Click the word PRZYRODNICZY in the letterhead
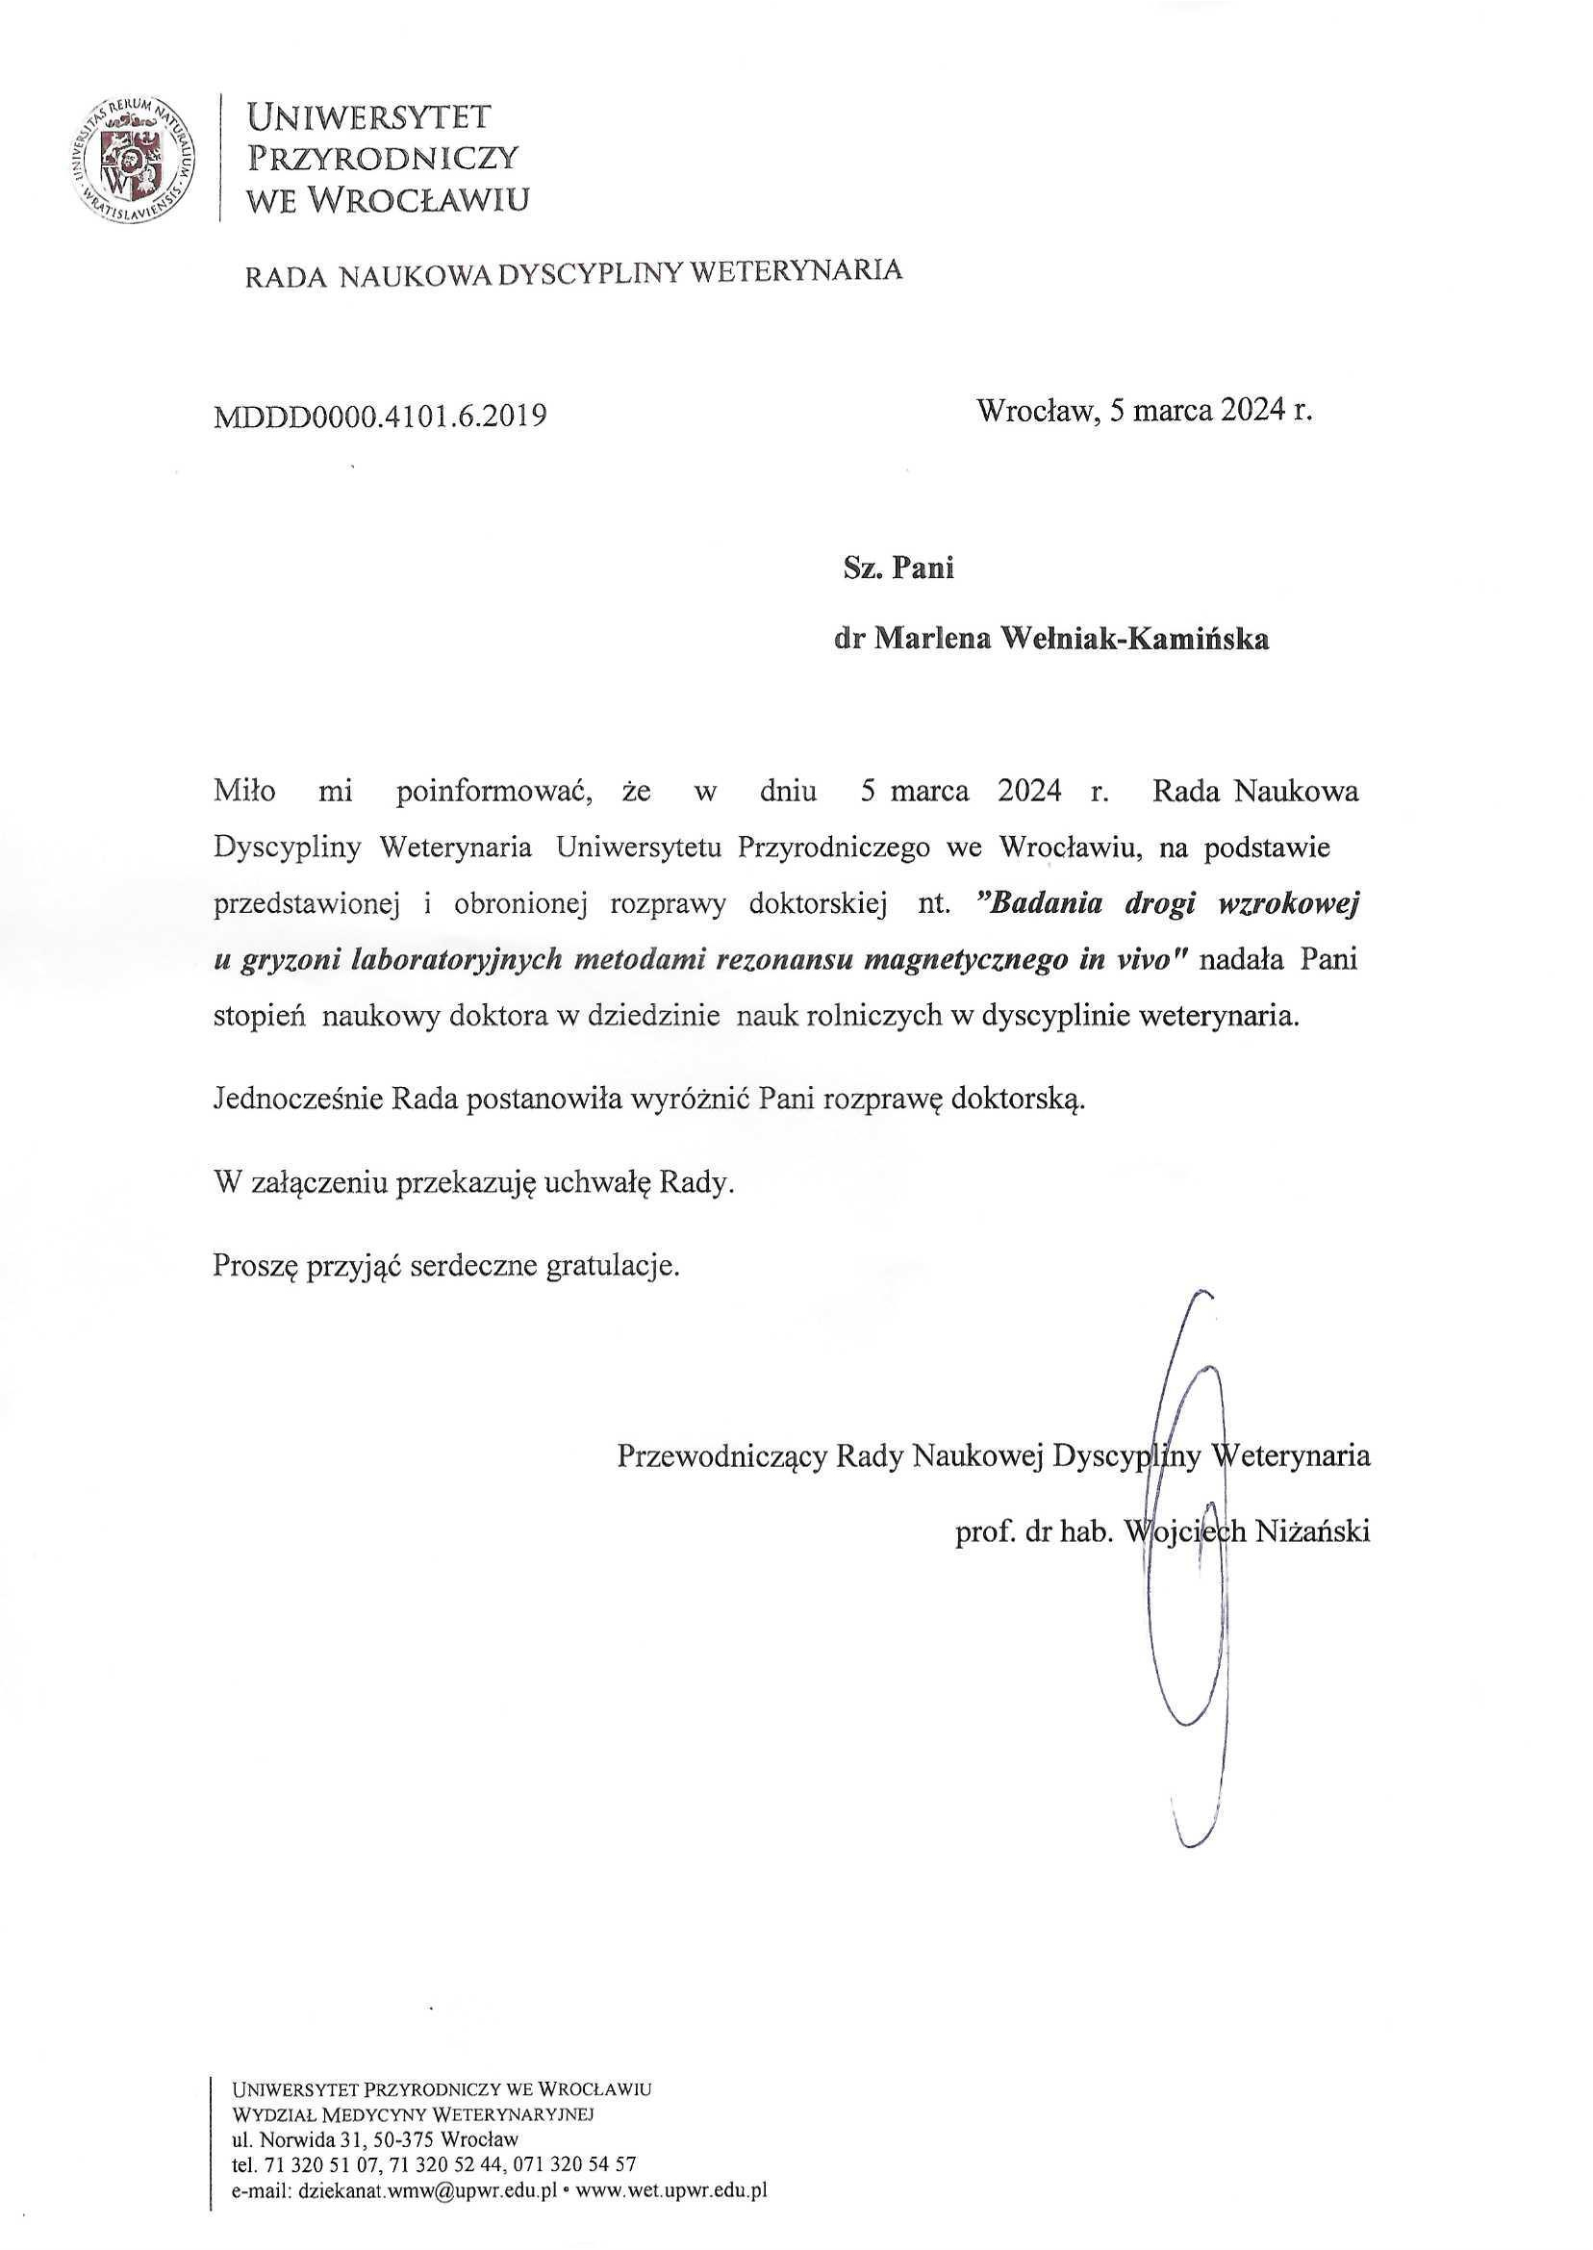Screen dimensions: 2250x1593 [x=383, y=158]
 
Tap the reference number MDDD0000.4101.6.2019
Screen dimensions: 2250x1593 [x=380, y=417]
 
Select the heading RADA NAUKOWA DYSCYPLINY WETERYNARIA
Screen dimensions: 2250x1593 [x=573, y=273]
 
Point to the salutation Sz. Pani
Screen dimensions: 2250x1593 [x=898, y=569]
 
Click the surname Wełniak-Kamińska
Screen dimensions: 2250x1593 [x=1132, y=640]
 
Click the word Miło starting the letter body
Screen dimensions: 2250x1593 [x=244, y=792]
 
